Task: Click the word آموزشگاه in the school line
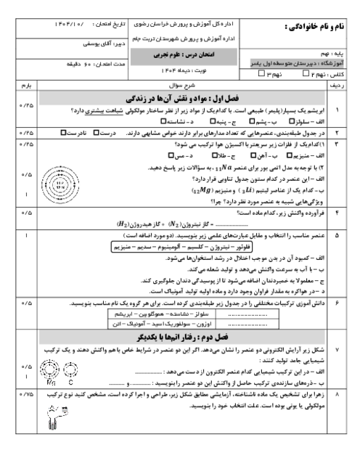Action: pos(331,64)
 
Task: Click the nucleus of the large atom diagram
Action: pos(60,185)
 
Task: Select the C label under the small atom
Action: pos(71,382)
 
